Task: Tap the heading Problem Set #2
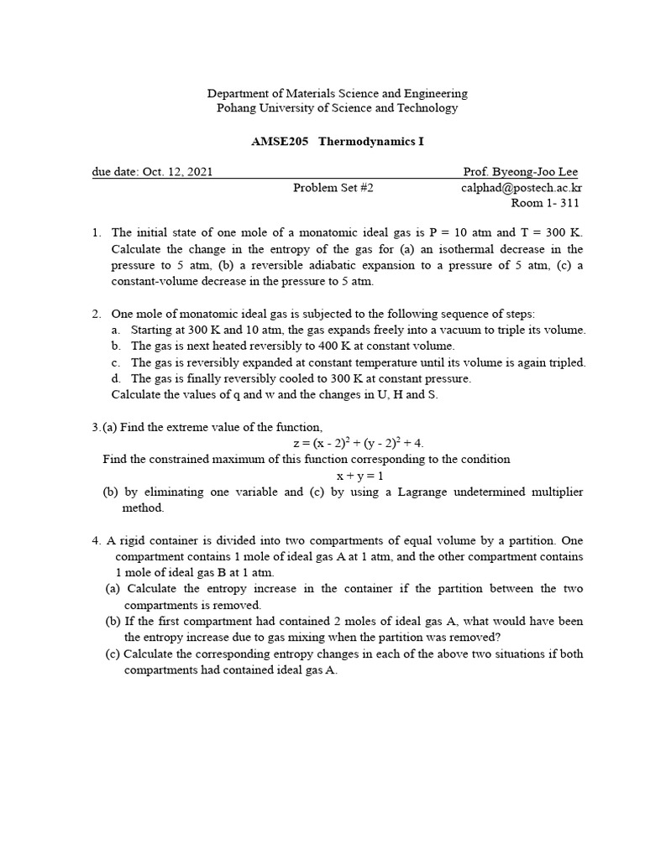point(333,188)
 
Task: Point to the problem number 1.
point(97,233)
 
